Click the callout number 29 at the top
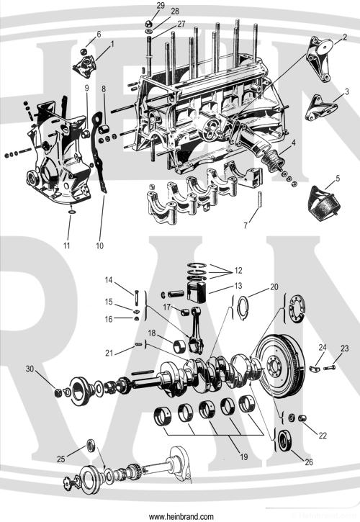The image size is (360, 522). (160, 5)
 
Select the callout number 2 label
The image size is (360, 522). (345, 37)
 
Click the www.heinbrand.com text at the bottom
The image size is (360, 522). (181, 516)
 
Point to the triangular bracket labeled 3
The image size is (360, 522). (317, 107)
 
